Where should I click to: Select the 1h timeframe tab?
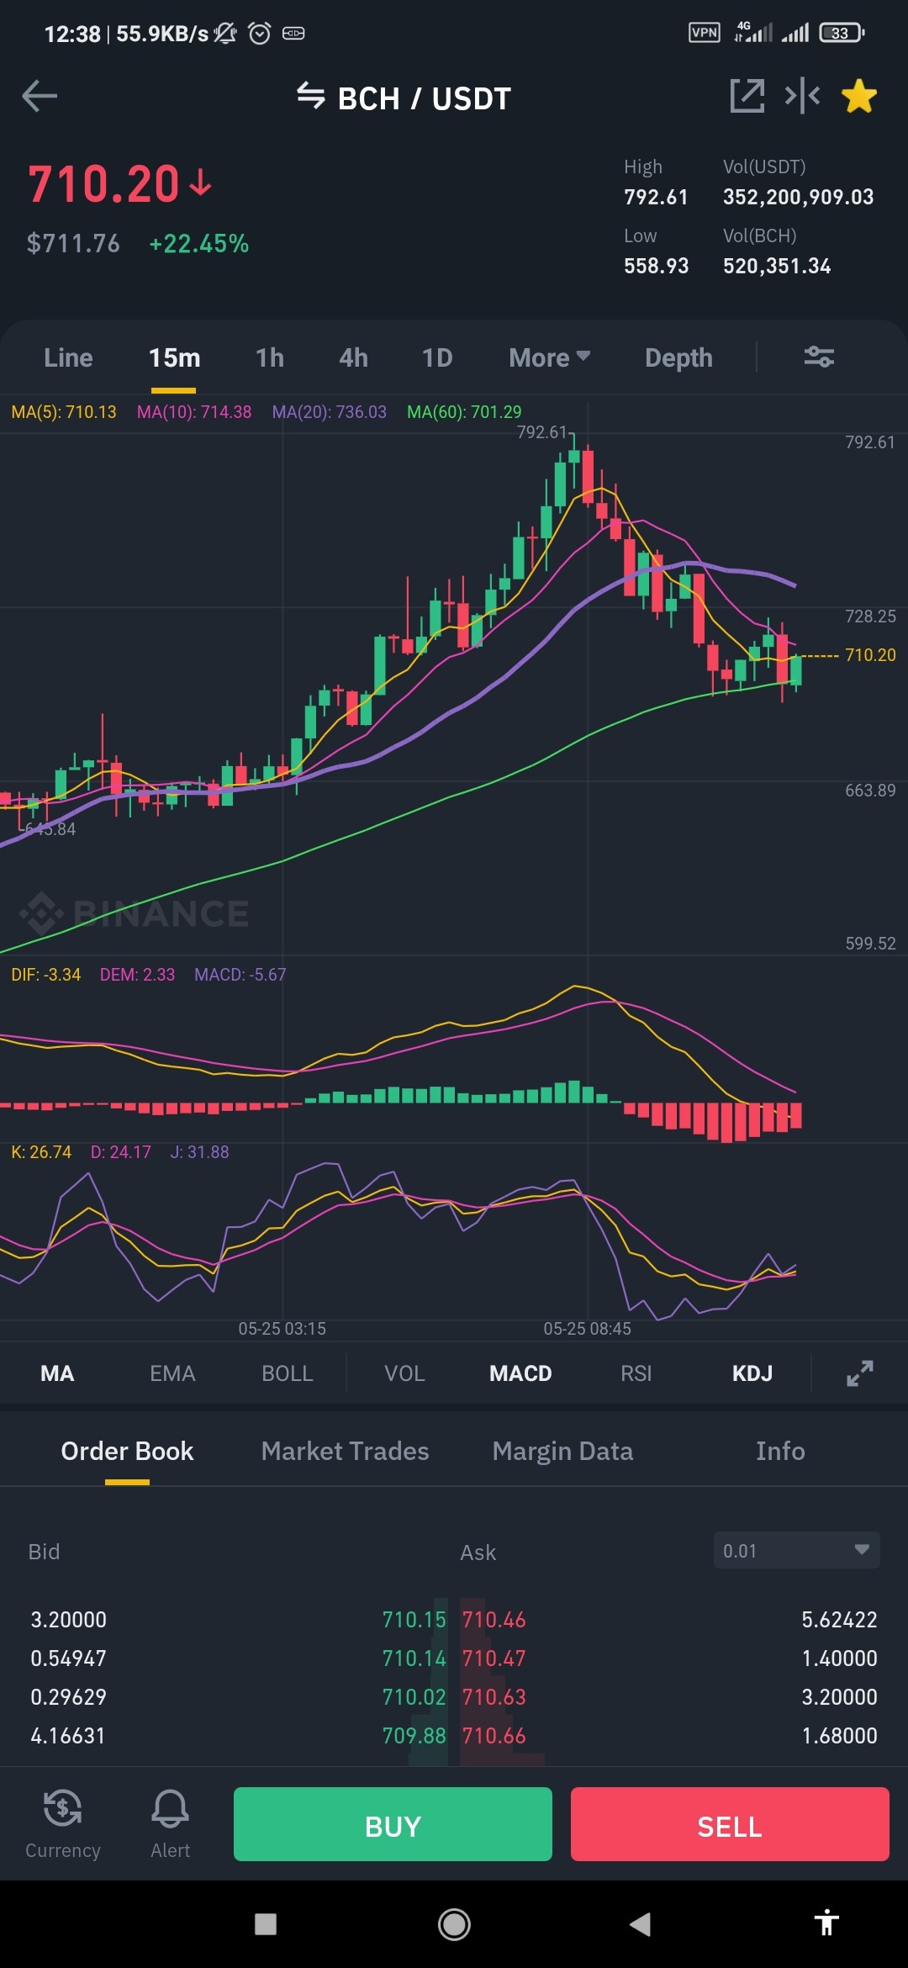click(270, 358)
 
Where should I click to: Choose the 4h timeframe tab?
click(354, 358)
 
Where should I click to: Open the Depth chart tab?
click(678, 358)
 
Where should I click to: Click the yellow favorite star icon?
click(859, 96)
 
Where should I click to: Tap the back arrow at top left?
click(40, 96)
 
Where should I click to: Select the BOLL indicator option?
click(288, 1373)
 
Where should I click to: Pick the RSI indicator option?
click(636, 1373)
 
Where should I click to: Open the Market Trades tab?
click(345, 1451)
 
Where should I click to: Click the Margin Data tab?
click(562, 1451)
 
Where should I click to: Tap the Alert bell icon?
click(170, 1808)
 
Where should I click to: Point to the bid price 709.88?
click(414, 1736)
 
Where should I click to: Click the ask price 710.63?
click(494, 1697)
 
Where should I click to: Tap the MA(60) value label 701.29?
click(464, 412)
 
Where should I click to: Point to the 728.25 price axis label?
click(870, 616)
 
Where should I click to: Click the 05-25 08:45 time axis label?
click(587, 1329)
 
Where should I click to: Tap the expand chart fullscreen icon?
click(860, 1373)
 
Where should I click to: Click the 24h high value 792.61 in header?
click(656, 197)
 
